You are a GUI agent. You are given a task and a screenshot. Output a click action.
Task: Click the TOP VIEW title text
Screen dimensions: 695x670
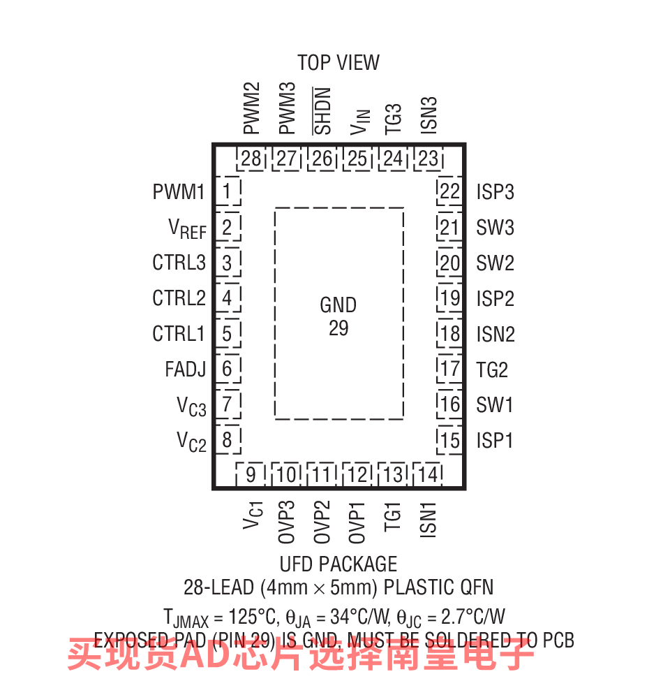coord(338,63)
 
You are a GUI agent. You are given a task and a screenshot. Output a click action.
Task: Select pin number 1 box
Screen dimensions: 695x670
coord(227,191)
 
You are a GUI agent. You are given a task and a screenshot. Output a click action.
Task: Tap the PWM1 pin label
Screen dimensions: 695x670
coord(179,191)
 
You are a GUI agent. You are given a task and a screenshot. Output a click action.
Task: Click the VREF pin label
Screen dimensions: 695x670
coord(187,228)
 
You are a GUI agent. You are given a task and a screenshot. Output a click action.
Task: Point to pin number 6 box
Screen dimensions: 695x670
coord(227,368)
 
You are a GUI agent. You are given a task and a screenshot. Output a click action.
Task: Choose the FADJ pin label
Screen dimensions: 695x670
coord(185,369)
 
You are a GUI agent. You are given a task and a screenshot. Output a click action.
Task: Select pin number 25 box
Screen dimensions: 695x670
coord(357,159)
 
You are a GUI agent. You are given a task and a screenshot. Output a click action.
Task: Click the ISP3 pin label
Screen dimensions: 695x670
coord(495,191)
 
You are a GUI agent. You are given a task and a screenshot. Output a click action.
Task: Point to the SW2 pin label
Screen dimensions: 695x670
coord(495,263)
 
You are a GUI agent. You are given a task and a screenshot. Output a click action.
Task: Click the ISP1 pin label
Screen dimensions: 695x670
coord(495,441)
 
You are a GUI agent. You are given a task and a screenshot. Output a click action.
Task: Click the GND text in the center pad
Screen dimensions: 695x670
coord(338,305)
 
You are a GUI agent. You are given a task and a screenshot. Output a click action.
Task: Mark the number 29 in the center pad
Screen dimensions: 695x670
coord(338,328)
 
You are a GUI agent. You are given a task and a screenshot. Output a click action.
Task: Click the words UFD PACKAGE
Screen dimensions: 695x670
coord(338,564)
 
